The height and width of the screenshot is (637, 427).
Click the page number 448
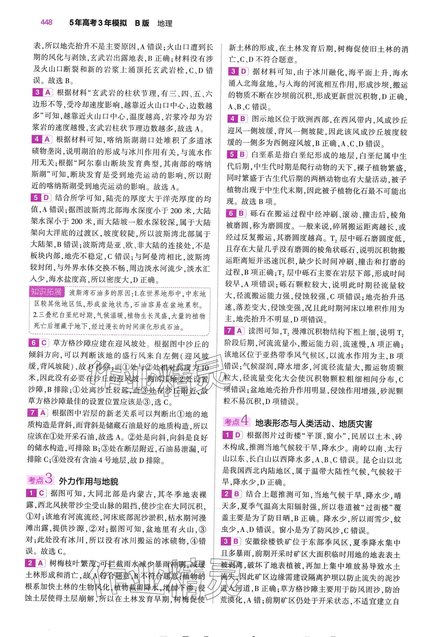pos(46,22)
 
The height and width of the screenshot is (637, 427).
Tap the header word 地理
pos(164,23)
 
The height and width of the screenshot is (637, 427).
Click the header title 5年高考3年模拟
pos(98,23)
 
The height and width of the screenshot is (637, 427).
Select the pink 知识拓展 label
pos(46,292)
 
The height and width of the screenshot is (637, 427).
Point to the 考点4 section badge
pos(236,422)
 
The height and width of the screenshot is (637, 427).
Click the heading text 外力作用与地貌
pos(88,481)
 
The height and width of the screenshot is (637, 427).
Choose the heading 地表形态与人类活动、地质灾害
pos(314,423)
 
